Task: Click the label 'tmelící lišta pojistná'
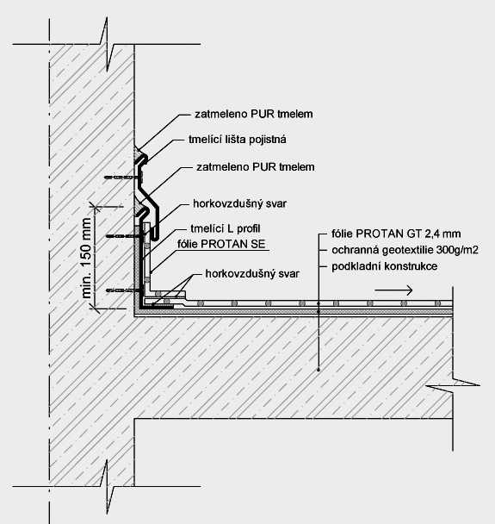pyautogui.click(x=238, y=139)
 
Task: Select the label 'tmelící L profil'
pyautogui.click(x=226, y=228)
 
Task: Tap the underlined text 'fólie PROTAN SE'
pyautogui.click(x=221, y=244)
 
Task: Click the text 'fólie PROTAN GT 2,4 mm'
pyautogui.click(x=396, y=234)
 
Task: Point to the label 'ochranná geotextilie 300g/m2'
pyautogui.click(x=405, y=250)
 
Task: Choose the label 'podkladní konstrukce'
pyautogui.click(x=384, y=266)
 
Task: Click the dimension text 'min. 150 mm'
pyautogui.click(x=86, y=258)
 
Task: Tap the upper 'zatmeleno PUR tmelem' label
pyautogui.click(x=254, y=114)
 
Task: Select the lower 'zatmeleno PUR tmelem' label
pyautogui.click(x=256, y=166)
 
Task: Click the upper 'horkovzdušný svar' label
pyautogui.click(x=239, y=203)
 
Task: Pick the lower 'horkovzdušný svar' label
pyautogui.click(x=252, y=274)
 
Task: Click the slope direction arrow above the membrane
pyautogui.click(x=394, y=290)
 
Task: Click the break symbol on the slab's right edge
pyautogui.click(x=453, y=385)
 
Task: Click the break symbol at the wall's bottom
pyautogui.click(x=107, y=486)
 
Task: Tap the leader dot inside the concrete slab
pyautogui.click(x=319, y=370)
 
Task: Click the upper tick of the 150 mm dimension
pyautogui.click(x=96, y=209)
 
